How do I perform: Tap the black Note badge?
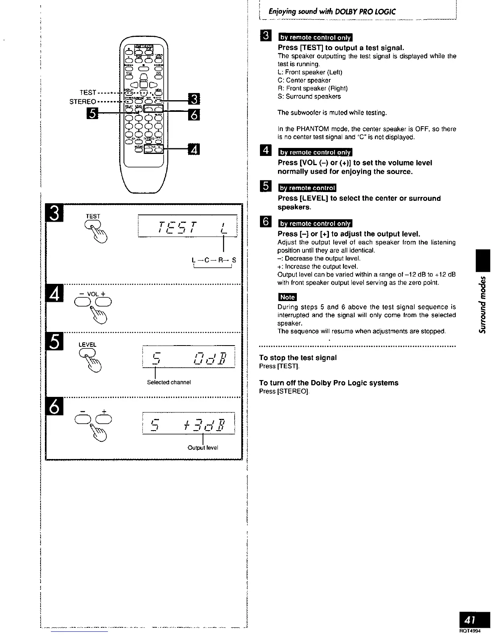[x=287, y=297]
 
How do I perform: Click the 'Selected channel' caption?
[x=168, y=382]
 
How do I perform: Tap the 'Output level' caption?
[x=203, y=447]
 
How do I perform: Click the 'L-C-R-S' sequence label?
[x=214, y=260]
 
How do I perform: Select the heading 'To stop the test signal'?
[x=298, y=358]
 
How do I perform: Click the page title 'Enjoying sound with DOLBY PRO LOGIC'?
[x=332, y=12]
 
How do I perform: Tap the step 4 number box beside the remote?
[x=193, y=150]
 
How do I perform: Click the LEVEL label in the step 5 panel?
[x=87, y=344]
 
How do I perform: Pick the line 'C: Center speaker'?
[x=304, y=80]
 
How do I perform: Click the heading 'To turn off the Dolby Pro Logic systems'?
[x=329, y=383]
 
